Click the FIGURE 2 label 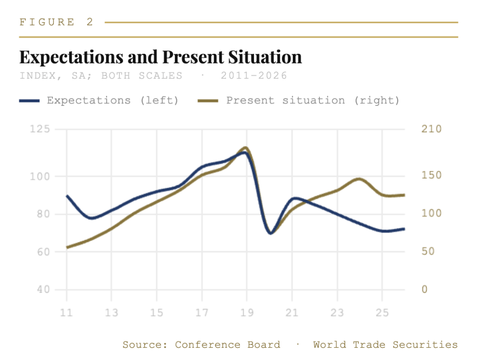click(x=56, y=22)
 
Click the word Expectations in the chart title click(x=72, y=58)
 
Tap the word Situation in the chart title click(x=265, y=57)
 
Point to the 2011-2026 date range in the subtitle click(x=254, y=75)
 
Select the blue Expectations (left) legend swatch click(x=29, y=101)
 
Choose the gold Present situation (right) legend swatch click(x=208, y=101)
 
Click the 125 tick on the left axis click(x=40, y=129)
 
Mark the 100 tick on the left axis click(x=40, y=176)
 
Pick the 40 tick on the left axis click(x=44, y=289)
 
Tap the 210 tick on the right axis click(x=432, y=129)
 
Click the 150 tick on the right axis click(x=432, y=175)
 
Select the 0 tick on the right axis click(x=425, y=289)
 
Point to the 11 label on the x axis click(x=66, y=313)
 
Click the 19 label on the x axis click(x=247, y=313)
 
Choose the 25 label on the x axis click(x=382, y=313)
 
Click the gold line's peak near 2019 click(x=245, y=147)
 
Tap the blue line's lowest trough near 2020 click(x=270, y=233)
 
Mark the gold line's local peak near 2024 click(x=359, y=179)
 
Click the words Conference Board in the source click(x=228, y=345)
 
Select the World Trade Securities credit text click(x=385, y=345)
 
